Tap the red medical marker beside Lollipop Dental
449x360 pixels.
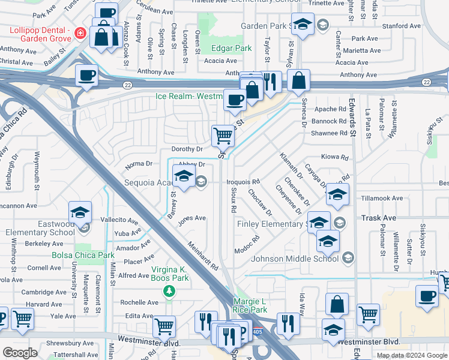(x=80, y=31)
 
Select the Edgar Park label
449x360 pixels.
(x=231, y=47)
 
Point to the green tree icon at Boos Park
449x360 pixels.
(x=170, y=291)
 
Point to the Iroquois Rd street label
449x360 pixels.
(x=243, y=181)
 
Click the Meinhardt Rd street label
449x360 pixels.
(x=203, y=256)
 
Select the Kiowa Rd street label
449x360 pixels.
(x=336, y=157)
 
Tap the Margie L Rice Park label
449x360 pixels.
(x=250, y=305)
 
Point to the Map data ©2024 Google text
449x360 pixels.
(x=411, y=355)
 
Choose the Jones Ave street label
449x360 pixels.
(x=191, y=218)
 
